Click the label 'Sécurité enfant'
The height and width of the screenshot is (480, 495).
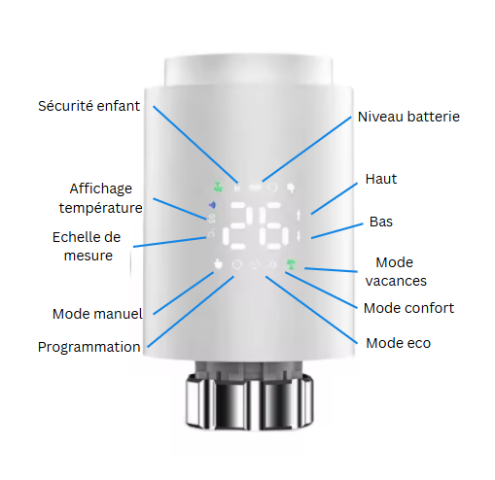(x=88, y=106)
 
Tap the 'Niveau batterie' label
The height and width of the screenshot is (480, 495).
(x=408, y=117)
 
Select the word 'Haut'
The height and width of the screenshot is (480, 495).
(x=381, y=179)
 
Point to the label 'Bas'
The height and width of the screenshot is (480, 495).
(x=381, y=222)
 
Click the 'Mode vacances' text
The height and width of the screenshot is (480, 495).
(x=396, y=271)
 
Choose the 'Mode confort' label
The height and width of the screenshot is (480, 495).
(x=408, y=308)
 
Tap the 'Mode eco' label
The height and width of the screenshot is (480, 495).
(x=398, y=343)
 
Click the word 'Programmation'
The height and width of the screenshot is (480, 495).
(x=89, y=347)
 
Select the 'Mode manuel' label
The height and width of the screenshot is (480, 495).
(x=97, y=314)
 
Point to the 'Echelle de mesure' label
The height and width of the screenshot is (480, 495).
(x=87, y=246)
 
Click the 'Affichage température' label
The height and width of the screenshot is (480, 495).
(x=100, y=198)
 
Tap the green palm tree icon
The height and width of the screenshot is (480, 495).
(x=291, y=264)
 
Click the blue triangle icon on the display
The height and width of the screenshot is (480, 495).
(x=212, y=205)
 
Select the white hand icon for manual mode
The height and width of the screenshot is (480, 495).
(x=218, y=264)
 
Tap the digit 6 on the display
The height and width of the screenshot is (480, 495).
(x=273, y=226)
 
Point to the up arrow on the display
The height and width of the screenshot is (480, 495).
(x=299, y=215)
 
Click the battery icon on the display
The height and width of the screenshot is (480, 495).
(x=255, y=188)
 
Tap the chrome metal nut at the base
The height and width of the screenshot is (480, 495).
(x=250, y=401)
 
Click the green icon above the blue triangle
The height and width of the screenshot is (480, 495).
(x=218, y=187)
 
